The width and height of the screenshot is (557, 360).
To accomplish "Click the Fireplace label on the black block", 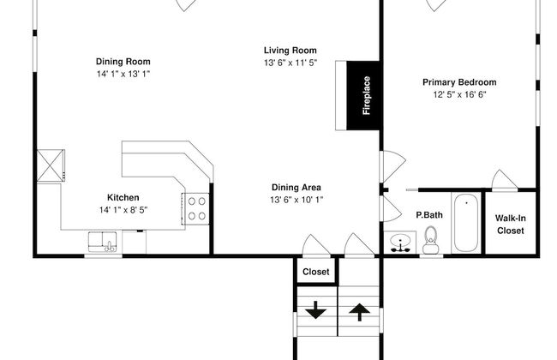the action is pos(367,95).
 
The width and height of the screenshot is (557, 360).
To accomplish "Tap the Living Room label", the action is pos(290,51).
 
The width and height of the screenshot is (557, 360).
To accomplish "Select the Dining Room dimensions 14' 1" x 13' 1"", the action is pos(123,74).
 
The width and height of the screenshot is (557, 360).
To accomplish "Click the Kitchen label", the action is pos(123,198).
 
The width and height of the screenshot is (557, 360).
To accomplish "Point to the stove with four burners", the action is pos(195,209).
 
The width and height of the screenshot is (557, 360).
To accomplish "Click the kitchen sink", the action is pos(103,242).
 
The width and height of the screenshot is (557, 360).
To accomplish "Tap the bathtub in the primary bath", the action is pos(466,223).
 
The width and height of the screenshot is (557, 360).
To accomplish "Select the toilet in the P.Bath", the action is pos(430,240).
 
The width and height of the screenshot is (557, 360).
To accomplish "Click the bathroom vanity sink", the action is pos(400,243).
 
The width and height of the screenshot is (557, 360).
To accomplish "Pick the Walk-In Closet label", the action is pos(511,225).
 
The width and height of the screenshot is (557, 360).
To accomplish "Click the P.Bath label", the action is pos(429,215).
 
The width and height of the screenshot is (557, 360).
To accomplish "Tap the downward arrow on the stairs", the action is pos(316,310).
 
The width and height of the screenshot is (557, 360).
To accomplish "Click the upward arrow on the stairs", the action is pos(360,312).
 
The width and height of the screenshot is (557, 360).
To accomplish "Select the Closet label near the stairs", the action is pos(316,272).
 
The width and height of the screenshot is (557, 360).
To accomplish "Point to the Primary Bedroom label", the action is pos(459,82).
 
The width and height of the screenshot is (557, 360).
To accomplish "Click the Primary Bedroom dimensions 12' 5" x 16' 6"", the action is pos(459,94).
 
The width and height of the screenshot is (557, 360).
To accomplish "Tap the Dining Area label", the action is pos(296,187).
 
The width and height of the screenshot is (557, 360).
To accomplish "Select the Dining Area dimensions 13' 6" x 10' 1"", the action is pos(296,200).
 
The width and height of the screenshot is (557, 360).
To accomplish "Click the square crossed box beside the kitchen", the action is pos(51,165).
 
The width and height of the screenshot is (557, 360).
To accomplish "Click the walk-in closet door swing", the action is pos(504,180).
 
